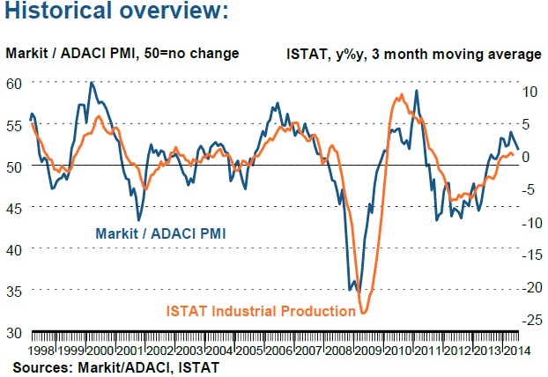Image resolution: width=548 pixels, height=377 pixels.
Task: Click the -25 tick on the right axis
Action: (523, 321)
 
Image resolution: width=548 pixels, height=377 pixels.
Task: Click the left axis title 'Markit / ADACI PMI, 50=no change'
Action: (122, 54)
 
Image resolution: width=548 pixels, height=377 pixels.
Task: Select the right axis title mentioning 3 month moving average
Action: (413, 54)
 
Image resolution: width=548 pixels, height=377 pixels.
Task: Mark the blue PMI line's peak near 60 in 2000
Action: (92, 83)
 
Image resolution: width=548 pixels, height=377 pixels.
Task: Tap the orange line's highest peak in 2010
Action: (402, 94)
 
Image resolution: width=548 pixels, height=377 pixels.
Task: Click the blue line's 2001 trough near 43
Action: (138, 220)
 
